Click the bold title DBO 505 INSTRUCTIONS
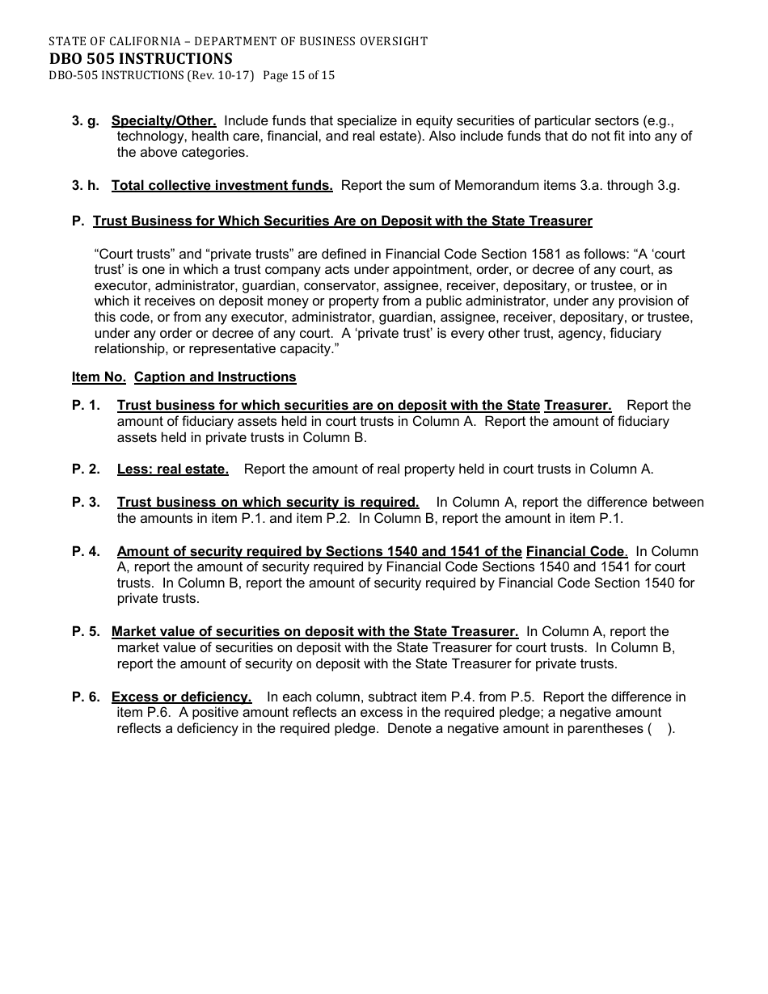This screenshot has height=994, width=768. pyautogui.click(x=140, y=58)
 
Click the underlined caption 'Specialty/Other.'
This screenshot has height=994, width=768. pyautogui.click(x=163, y=121)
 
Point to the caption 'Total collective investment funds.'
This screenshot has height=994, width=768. pyautogui.click(x=222, y=186)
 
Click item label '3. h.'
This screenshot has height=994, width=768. pyautogui.click(x=86, y=186)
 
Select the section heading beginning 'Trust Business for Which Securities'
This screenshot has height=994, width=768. pyautogui.click(x=342, y=221)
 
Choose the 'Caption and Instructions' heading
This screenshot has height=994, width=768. pyautogui.click(x=215, y=377)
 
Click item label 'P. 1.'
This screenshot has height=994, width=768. pyautogui.click(x=86, y=406)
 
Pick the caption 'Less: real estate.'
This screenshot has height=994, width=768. pyautogui.click(x=172, y=470)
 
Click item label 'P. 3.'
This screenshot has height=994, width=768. pyautogui.click(x=86, y=503)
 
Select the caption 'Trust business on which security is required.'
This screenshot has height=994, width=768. pyautogui.click(x=268, y=503)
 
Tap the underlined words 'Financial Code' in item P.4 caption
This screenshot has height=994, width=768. pyautogui.click(x=576, y=552)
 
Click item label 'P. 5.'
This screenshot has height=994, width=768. pyautogui.click(x=86, y=632)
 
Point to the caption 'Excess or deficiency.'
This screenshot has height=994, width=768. pyautogui.click(x=181, y=697)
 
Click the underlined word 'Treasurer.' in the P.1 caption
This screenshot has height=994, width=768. pyautogui.click(x=577, y=406)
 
